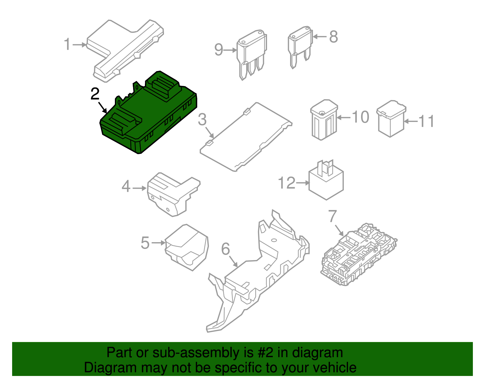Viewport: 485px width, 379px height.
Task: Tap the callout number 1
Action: [67, 44]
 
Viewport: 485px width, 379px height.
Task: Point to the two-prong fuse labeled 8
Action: [299, 46]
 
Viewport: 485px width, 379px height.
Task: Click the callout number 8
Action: [333, 37]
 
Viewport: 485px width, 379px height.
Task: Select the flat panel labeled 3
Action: [246, 137]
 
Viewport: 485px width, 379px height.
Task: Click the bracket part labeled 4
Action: [173, 194]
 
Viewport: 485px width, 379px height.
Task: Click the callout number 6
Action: [226, 249]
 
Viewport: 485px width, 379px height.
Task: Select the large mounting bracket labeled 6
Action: [258, 273]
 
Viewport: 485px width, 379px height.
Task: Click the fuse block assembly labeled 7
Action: [359, 255]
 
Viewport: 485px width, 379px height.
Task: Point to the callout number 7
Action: [333, 216]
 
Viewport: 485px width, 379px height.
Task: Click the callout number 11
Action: [426, 121]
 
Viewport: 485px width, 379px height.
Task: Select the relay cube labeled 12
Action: [326, 182]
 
